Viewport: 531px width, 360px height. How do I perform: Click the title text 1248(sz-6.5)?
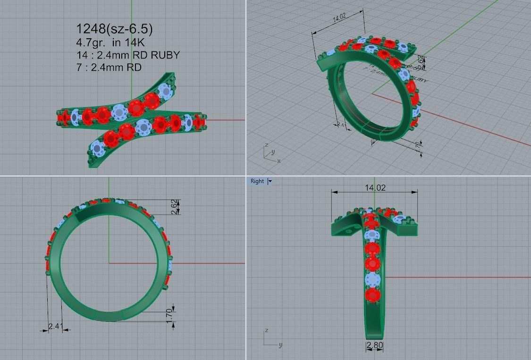click(x=114, y=29)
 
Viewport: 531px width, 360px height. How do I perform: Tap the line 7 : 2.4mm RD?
click(x=109, y=67)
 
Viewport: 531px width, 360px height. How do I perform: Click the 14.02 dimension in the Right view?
click(x=375, y=188)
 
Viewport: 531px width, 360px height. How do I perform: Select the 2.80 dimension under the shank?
click(x=375, y=345)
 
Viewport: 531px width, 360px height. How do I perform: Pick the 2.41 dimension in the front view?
click(x=55, y=326)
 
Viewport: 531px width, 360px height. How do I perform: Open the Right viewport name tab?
click(x=257, y=181)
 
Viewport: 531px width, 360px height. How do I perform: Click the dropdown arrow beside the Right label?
click(x=270, y=181)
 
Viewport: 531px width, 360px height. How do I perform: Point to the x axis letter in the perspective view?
click(x=279, y=161)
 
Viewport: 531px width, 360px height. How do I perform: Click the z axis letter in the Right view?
click(x=267, y=330)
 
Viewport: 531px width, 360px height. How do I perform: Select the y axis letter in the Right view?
click(x=280, y=345)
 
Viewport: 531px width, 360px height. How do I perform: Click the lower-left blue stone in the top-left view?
click(x=99, y=149)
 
